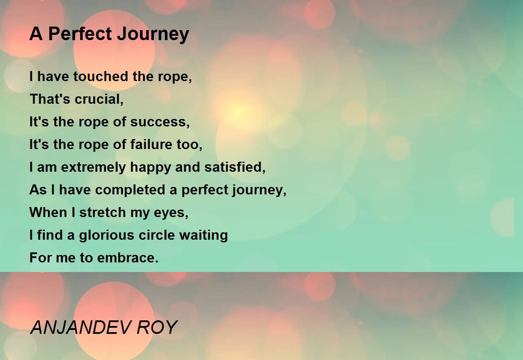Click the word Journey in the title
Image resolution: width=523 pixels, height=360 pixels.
click(x=153, y=34)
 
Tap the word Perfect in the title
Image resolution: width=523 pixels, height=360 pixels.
click(x=80, y=34)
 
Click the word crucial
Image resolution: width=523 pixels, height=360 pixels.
click(x=99, y=99)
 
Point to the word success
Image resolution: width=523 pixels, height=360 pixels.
click(x=160, y=122)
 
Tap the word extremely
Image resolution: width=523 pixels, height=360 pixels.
click(x=93, y=168)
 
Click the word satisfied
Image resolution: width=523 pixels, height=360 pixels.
click(x=235, y=167)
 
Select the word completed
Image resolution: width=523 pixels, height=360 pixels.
click(x=130, y=190)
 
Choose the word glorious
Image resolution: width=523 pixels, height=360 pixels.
click(x=107, y=235)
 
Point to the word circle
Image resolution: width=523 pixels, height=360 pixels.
click(x=156, y=234)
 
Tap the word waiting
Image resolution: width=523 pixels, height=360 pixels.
click(x=204, y=235)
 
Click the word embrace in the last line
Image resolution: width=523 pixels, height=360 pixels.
click(x=128, y=258)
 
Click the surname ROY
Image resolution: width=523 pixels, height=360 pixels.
click(x=157, y=327)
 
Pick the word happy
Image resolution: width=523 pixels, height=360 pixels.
click(x=151, y=168)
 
